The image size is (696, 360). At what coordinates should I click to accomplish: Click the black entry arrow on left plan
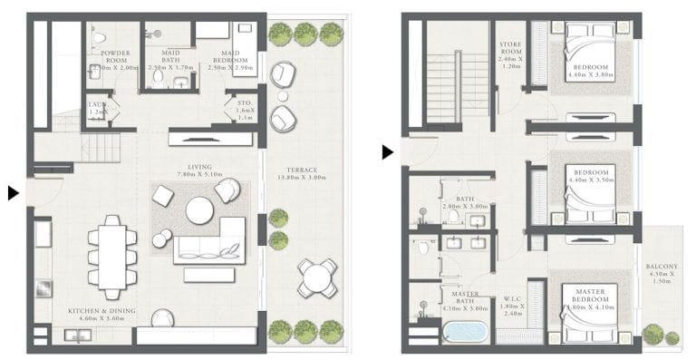[13, 192]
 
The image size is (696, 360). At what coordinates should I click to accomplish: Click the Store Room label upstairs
[510, 48]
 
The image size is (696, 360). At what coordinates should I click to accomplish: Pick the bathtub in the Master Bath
[465, 331]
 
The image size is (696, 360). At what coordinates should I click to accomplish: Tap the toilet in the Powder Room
[100, 38]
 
